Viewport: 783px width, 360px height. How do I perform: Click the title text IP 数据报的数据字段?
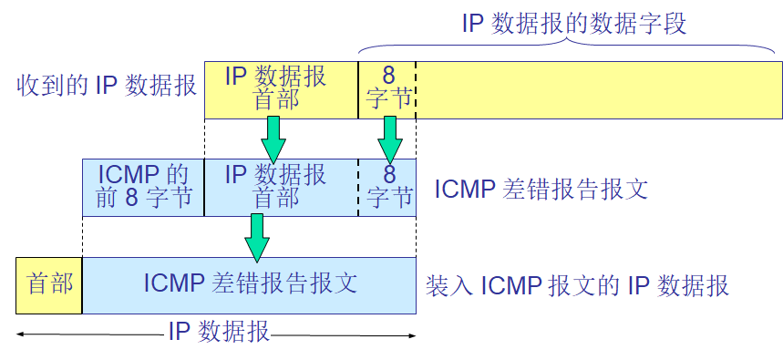pos(573,22)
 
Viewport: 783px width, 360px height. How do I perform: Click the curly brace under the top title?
pos(570,46)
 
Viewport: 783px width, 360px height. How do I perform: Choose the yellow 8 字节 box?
pos(387,89)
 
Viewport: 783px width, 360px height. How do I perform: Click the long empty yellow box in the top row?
pos(598,89)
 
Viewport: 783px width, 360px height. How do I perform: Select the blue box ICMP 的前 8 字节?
pos(143,187)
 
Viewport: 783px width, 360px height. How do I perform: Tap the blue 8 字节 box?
pos(387,187)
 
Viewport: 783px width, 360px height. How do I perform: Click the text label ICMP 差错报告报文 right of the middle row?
pos(541,190)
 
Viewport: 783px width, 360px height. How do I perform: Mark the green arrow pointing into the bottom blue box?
pos(257,237)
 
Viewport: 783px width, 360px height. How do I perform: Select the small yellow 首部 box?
pos(49,285)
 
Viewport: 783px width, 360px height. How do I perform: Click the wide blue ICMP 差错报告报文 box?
pos(250,285)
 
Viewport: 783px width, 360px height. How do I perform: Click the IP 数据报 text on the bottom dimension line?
pos(219,332)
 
